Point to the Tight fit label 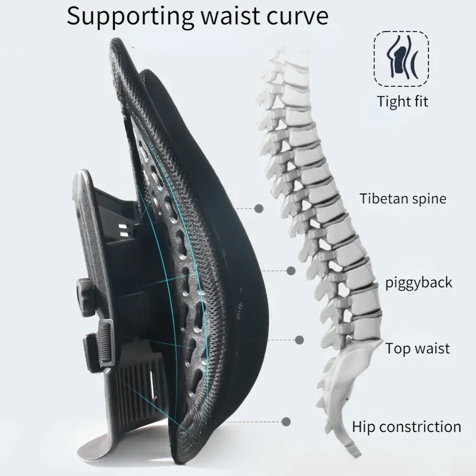coord(403,101)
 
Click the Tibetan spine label coord(403,198)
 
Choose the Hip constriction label coord(406,426)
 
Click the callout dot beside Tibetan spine coord(259,208)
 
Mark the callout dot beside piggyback coord(291,271)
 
